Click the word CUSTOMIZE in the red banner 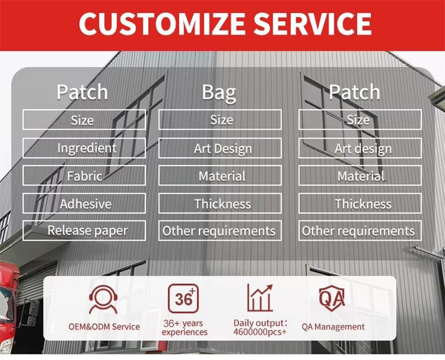[x=162, y=24]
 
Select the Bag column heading [x=219, y=92]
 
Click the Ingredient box [x=84, y=148]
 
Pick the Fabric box [x=84, y=176]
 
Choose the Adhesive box [x=84, y=203]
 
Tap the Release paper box [x=84, y=230]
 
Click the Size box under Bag [x=220, y=119]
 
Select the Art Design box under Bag [x=220, y=148]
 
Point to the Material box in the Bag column [x=220, y=176]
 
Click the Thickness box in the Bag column [x=220, y=203]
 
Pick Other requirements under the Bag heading [x=220, y=230]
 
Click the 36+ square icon [x=183, y=299]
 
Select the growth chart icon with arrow [x=260, y=298]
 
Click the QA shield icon [x=332, y=299]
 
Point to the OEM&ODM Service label [x=104, y=327]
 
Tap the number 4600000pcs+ [x=260, y=332]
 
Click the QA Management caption [x=333, y=327]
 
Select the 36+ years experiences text [x=184, y=328]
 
